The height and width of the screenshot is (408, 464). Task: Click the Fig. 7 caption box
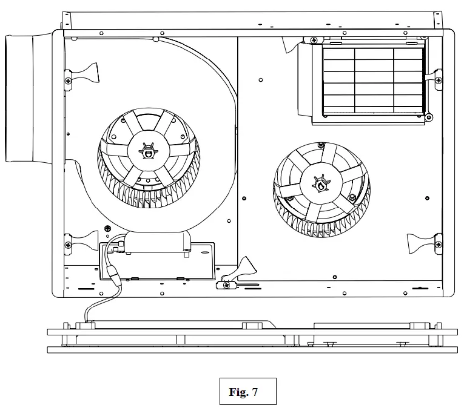click(247, 391)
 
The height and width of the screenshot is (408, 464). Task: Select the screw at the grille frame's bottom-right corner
click(428, 116)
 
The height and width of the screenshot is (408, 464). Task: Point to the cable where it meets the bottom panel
click(87, 323)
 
